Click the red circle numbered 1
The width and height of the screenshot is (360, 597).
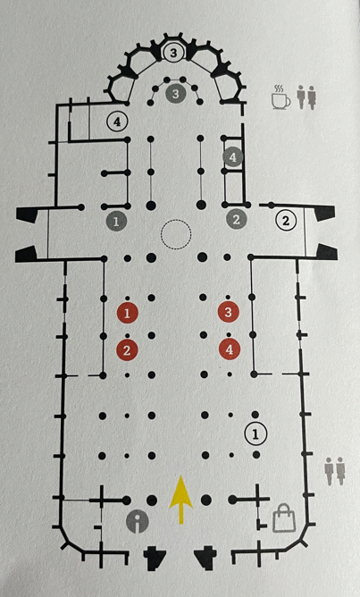point(127,313)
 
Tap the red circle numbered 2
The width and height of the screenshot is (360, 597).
point(127,350)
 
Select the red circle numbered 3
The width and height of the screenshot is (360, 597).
point(229,312)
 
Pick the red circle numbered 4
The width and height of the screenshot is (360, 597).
point(230,349)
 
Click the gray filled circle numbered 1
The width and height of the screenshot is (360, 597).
point(116,222)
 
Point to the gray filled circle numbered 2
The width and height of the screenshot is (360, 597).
point(237,219)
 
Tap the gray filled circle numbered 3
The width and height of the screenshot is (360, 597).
point(175,94)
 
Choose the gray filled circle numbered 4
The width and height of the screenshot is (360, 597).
point(233,157)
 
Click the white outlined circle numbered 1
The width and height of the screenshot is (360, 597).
point(255,433)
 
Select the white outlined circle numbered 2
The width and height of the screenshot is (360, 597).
point(286,220)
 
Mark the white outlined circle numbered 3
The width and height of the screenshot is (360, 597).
point(173,53)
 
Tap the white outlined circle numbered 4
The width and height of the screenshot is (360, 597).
point(118,122)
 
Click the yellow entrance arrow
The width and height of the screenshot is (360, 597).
point(180,500)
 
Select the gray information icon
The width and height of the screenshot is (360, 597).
point(137,522)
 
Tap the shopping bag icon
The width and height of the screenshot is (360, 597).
point(284,517)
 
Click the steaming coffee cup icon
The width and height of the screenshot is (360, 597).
point(280,97)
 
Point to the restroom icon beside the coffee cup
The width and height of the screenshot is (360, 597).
point(306,97)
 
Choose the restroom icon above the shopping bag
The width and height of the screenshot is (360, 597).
point(335,471)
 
